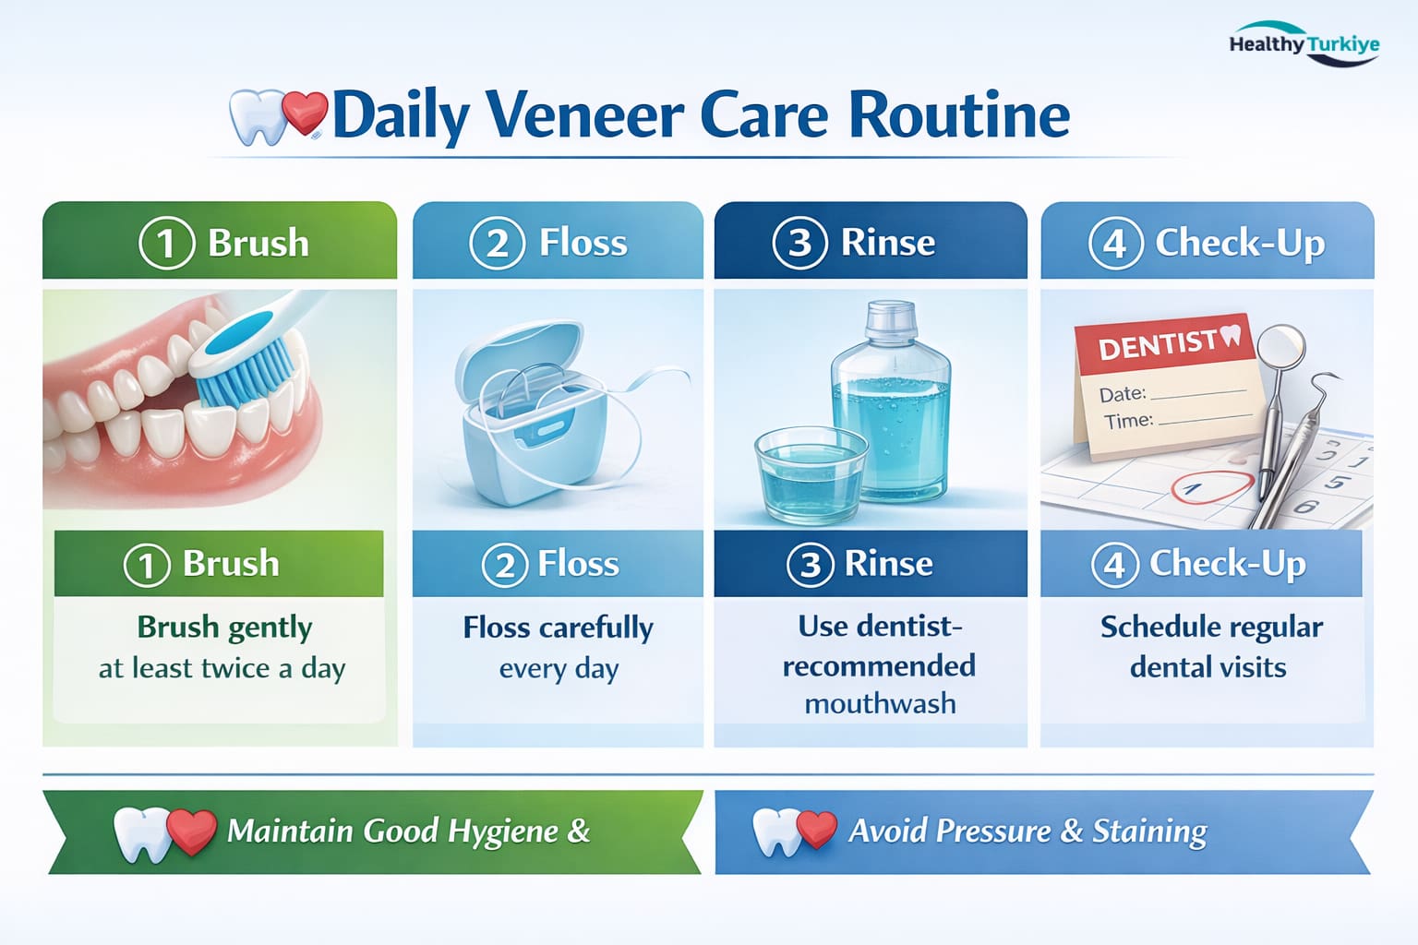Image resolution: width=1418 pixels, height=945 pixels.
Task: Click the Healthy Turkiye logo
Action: click(x=1304, y=44)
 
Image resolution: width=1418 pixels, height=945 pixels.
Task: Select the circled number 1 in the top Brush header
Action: click(x=166, y=244)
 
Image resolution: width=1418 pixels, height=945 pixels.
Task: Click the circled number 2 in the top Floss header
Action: click(x=498, y=244)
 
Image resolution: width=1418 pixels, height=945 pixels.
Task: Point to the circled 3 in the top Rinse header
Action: click(x=799, y=243)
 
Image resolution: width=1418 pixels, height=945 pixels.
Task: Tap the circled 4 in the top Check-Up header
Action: click(x=1115, y=244)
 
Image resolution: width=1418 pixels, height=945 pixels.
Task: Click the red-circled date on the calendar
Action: click(x=1209, y=486)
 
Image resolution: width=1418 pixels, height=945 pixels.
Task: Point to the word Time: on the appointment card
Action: click(x=1128, y=422)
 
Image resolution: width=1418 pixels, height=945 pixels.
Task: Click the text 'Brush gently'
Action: click(x=224, y=628)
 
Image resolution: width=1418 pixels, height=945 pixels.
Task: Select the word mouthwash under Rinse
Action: click(x=880, y=704)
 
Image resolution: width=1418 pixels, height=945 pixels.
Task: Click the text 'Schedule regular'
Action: click(x=1211, y=628)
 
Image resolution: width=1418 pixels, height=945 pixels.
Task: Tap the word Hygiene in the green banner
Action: click(x=502, y=831)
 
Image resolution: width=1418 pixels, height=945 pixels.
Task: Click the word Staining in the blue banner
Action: click(x=1149, y=831)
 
